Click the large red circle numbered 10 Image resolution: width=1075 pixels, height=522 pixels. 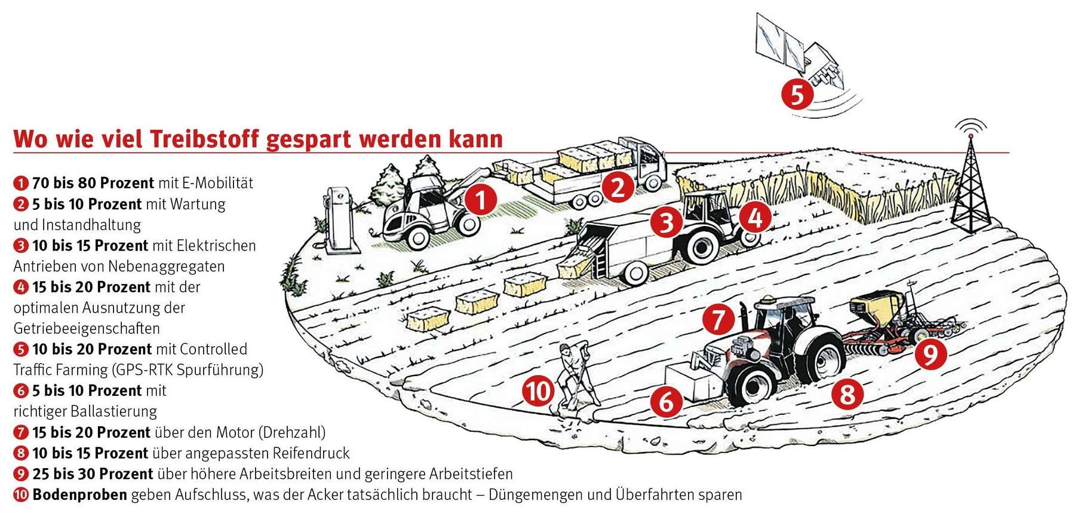pos(538,392)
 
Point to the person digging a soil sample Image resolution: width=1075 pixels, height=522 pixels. pos(574,377)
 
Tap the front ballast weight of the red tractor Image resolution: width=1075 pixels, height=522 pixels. pos(693,381)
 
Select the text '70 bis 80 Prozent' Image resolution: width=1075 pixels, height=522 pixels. pos(93,183)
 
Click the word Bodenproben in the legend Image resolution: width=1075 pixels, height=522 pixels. pos(79,494)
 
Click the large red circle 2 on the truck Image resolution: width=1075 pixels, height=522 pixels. pos(618,187)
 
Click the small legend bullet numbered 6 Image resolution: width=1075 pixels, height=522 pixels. pos(21,391)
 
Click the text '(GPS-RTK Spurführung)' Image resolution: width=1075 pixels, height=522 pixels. pos(187,370)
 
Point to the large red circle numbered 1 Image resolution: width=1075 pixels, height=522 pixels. pos(481,199)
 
